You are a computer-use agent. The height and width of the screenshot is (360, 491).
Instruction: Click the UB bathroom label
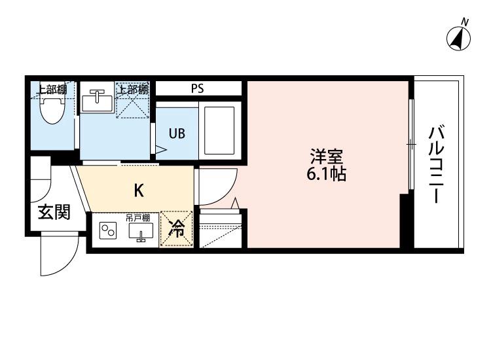point(177,134)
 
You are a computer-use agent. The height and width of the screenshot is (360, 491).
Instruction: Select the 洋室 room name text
point(327,157)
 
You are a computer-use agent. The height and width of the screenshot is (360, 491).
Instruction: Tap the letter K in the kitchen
point(139,190)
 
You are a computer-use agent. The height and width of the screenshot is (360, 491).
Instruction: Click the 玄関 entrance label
point(54,213)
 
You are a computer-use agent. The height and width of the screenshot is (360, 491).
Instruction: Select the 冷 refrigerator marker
point(177,229)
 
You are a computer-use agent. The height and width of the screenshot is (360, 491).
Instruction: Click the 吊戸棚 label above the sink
point(138,217)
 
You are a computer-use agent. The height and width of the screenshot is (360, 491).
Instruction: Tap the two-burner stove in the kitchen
point(107,231)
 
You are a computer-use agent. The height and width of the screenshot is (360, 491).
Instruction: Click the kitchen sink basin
point(139,231)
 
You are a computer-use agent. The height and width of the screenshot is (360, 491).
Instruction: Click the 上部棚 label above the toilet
point(51,90)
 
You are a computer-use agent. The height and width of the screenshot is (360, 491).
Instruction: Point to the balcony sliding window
point(411,144)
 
